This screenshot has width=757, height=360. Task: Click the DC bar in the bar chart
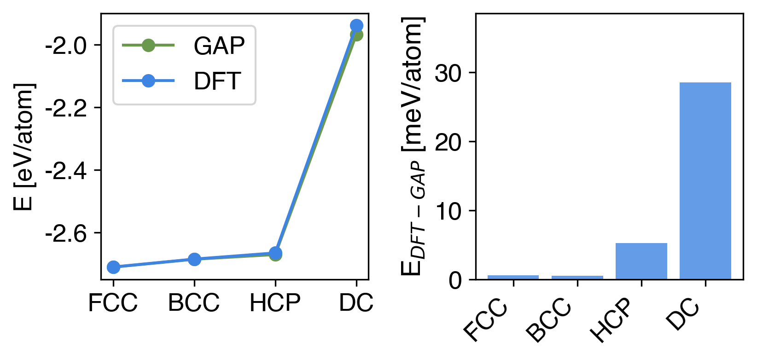(x=705, y=180)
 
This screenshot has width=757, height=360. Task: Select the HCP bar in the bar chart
(x=641, y=261)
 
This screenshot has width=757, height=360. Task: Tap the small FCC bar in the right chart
(x=513, y=277)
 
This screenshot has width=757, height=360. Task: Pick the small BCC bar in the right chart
(x=577, y=277)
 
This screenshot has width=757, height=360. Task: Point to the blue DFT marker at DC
(x=356, y=26)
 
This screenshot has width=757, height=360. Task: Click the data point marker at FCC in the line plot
(x=113, y=267)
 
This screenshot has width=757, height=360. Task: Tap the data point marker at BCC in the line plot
(x=194, y=259)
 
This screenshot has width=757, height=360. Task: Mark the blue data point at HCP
(x=275, y=253)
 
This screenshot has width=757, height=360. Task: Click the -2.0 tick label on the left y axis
(x=66, y=46)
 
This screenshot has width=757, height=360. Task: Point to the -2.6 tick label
(x=66, y=234)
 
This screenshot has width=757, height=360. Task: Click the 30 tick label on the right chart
(x=448, y=73)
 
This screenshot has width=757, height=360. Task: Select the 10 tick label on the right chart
(x=448, y=211)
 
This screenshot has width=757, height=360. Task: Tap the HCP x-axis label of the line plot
(x=275, y=303)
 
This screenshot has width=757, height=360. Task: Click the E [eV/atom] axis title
(x=24, y=146)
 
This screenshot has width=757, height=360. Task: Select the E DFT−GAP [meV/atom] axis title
(x=413, y=146)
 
